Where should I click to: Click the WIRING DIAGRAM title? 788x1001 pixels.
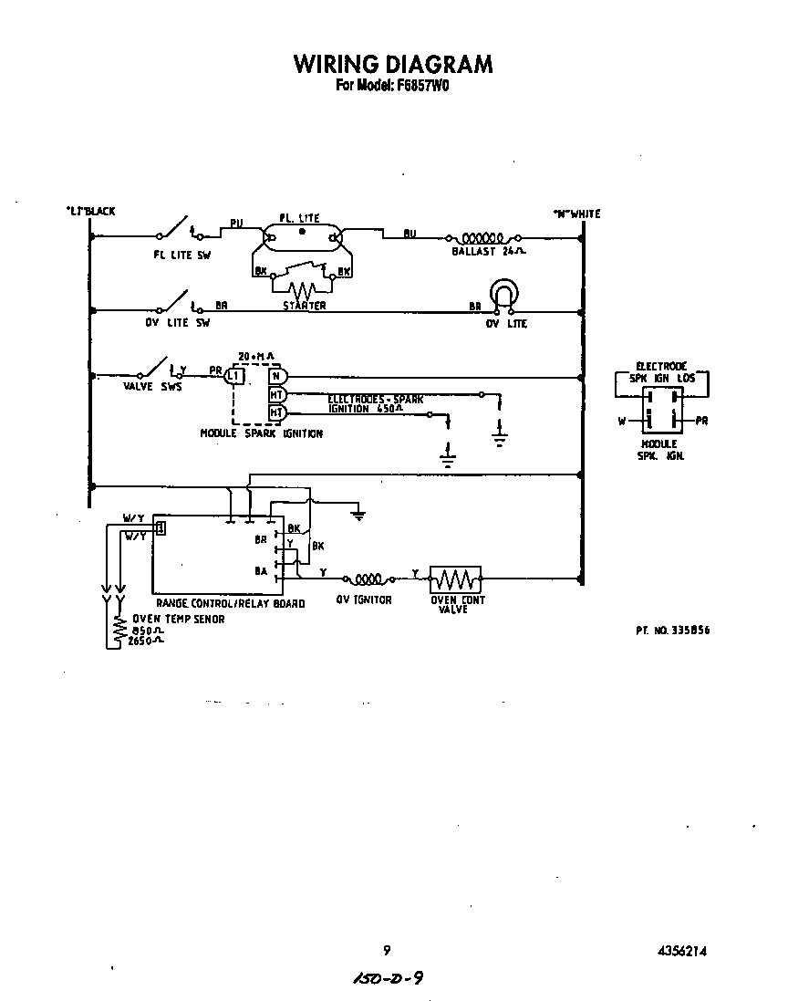393,64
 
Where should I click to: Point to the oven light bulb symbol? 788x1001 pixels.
503,294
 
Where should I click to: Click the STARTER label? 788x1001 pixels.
304,306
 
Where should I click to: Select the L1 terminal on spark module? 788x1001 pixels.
235,375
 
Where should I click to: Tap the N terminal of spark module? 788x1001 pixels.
277,375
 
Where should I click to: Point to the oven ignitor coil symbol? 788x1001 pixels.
368,579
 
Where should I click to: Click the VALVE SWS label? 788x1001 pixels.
152,387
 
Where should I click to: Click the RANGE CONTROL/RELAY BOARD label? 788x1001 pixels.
230,603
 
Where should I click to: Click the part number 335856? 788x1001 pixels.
673,631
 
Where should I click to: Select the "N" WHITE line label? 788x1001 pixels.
576,214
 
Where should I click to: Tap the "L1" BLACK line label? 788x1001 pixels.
90,212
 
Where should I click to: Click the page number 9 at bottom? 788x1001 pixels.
387,950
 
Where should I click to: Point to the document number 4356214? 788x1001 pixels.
681,951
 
